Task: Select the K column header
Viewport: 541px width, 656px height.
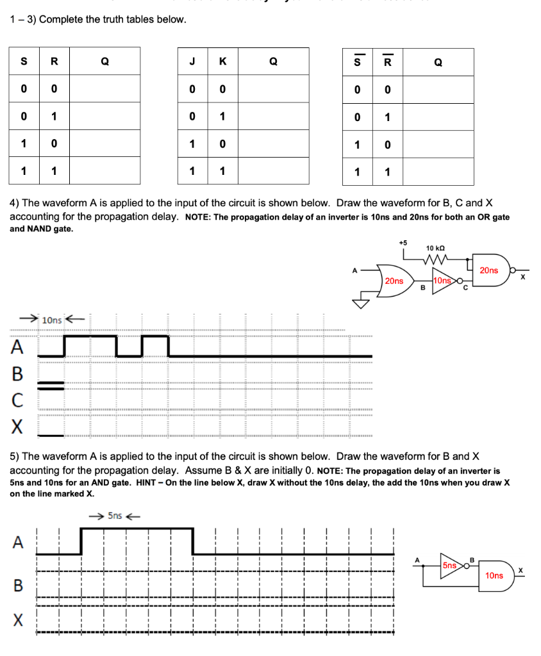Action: pos(222,61)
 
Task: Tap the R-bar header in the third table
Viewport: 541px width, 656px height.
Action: pos(388,61)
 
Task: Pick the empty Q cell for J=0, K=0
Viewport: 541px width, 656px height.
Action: pos(273,89)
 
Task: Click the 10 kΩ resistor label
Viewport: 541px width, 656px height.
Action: pos(435,248)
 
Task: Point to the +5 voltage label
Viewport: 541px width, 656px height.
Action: pos(403,243)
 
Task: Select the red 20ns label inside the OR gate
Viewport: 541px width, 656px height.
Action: pos(394,281)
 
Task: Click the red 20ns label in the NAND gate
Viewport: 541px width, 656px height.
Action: pos(488,270)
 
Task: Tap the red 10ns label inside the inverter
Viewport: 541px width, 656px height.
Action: pos(442,281)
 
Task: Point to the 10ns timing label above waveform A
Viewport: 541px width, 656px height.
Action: pos(51,319)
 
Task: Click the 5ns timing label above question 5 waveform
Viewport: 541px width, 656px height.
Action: pos(115,515)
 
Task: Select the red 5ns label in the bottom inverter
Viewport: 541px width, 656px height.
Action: pos(451,565)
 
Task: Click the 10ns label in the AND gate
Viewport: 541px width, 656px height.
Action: pos(494,575)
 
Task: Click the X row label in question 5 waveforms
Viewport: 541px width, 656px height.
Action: pos(18,621)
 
